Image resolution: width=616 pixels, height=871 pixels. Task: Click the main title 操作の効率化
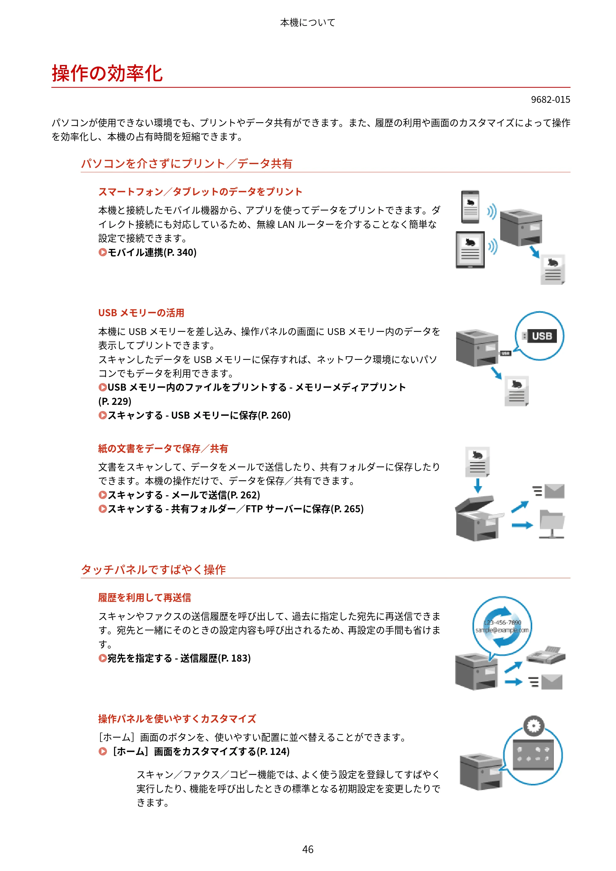[x=107, y=73]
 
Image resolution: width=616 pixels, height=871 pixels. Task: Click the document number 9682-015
[x=550, y=99]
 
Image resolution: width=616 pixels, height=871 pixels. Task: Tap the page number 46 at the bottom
[x=308, y=849]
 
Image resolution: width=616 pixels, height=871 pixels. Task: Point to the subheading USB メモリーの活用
[x=141, y=313]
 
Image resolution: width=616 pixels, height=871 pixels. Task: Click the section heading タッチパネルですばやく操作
[x=153, y=569]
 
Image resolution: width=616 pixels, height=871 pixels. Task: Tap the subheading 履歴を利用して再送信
[x=145, y=598]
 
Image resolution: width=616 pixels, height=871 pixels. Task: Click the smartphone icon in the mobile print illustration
[x=470, y=207]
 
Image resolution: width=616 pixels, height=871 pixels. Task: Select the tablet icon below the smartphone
[x=470, y=250]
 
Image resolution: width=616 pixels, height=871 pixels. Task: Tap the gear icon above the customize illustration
[x=534, y=726]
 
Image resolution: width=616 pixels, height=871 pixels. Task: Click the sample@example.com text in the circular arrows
[x=502, y=630]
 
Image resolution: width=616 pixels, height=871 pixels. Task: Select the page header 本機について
[x=308, y=23]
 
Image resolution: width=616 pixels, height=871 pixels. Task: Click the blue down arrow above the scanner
[x=478, y=486]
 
